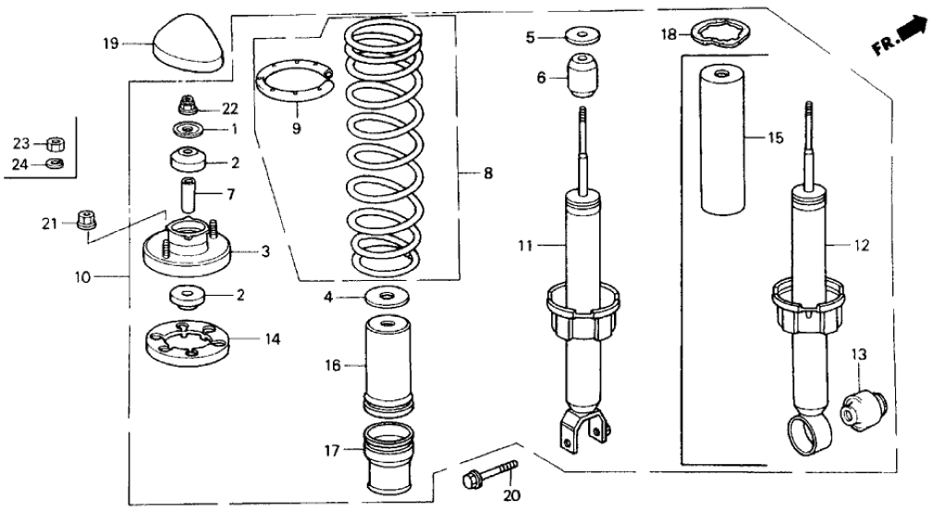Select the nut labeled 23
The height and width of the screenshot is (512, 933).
click(55, 143)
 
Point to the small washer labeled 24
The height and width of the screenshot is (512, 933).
click(55, 165)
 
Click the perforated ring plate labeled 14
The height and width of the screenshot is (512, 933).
click(189, 345)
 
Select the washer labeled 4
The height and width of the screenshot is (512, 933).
click(387, 298)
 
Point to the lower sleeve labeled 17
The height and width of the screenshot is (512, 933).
click(388, 457)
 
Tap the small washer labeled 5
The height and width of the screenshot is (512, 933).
click(582, 38)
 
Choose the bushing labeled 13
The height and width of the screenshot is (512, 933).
click(864, 407)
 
